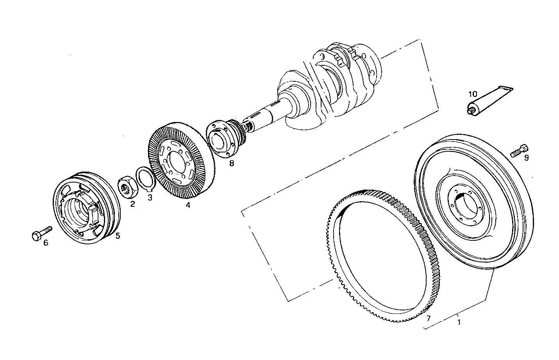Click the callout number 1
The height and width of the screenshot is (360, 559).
459,322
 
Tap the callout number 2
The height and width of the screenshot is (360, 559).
133,204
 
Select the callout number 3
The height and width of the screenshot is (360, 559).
150,197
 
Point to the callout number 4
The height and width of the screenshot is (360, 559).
188,205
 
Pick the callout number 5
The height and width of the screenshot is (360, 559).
118,235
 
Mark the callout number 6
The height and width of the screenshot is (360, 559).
46,243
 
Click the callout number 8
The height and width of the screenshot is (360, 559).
232,163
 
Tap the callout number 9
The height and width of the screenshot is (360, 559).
527,158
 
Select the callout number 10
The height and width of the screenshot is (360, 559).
473,94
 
